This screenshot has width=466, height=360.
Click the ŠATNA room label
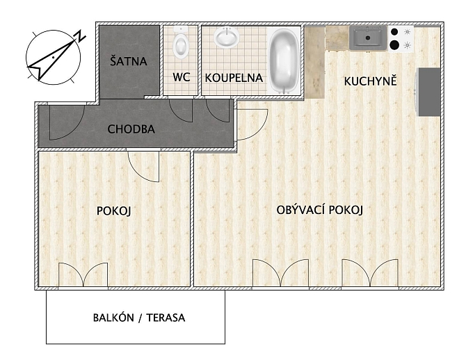(x=129, y=60)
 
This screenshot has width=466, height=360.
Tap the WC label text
(x=182, y=77)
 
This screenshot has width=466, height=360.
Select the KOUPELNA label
(x=234, y=78)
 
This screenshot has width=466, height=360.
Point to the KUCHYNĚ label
(x=370, y=81)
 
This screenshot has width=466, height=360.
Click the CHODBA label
(x=131, y=129)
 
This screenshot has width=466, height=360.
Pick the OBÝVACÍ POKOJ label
(x=319, y=210)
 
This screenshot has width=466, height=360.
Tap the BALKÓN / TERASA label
(x=139, y=318)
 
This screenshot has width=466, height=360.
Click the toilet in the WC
(x=180, y=43)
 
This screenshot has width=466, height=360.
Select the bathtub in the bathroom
(x=284, y=61)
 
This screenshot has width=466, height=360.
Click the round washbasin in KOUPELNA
(x=227, y=37)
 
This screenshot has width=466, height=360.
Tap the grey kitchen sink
(x=368, y=38)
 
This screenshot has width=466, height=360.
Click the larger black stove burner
(x=394, y=45)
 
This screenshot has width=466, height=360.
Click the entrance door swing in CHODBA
(x=67, y=122)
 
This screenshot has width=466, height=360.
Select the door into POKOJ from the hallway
(x=143, y=166)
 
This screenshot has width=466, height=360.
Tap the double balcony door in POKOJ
(x=83, y=275)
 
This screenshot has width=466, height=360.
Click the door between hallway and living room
(x=252, y=125)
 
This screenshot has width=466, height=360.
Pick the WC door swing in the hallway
(x=181, y=111)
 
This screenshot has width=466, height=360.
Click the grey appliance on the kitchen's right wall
(x=429, y=92)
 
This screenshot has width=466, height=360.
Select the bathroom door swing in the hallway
(x=218, y=111)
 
